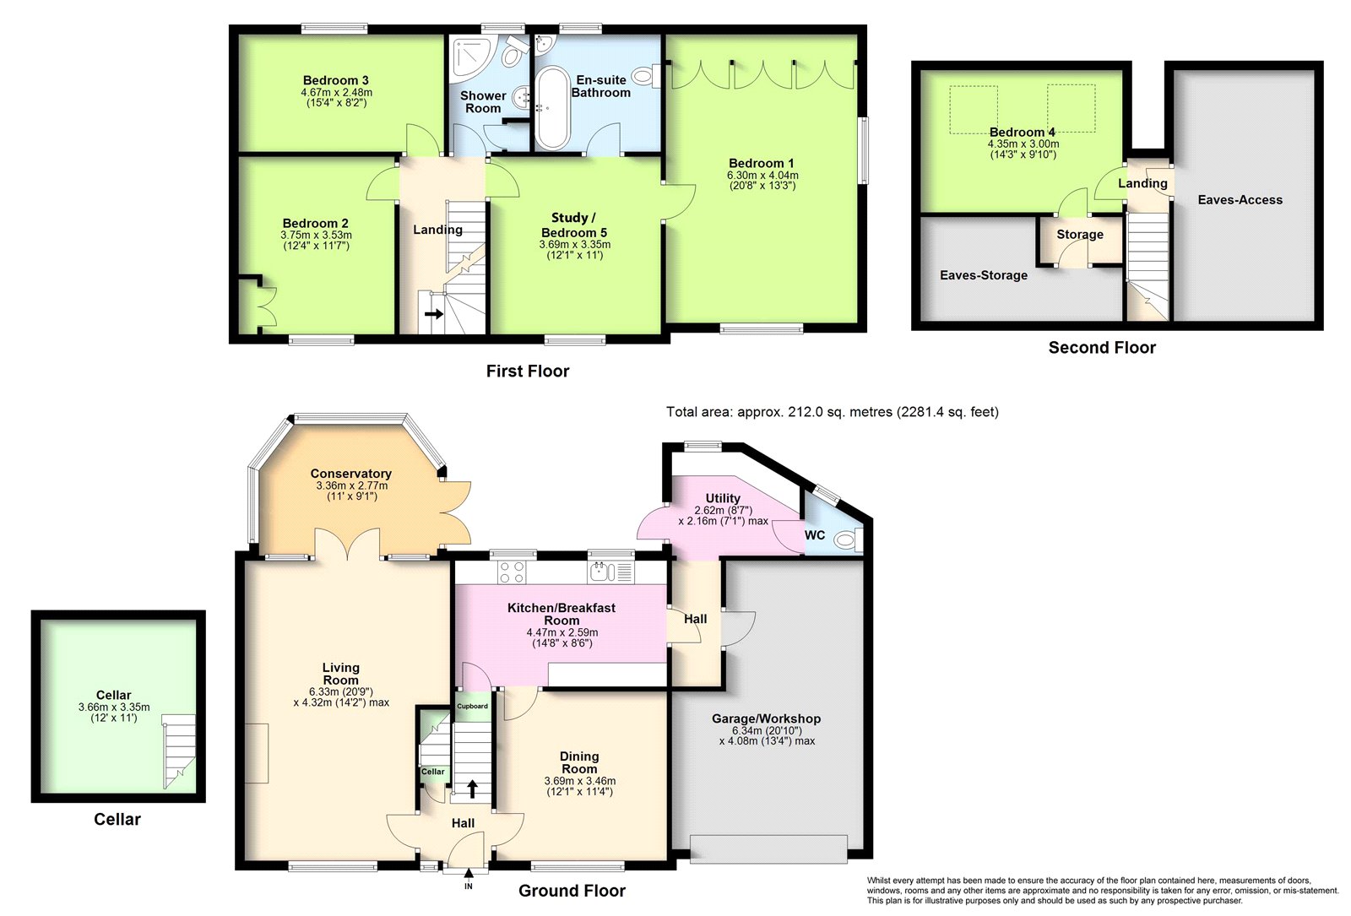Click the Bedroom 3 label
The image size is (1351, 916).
pyautogui.click(x=335, y=80)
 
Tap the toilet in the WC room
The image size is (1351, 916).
pyautogui.click(x=849, y=539)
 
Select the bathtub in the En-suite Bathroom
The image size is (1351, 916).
pyautogui.click(x=551, y=109)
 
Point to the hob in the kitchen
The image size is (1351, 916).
pyautogui.click(x=512, y=572)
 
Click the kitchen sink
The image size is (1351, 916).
pyautogui.click(x=610, y=572)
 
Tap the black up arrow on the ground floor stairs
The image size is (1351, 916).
pyautogui.click(x=472, y=789)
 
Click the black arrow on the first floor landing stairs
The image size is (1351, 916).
pyautogui.click(x=434, y=313)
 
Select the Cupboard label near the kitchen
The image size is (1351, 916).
pyautogui.click(x=472, y=706)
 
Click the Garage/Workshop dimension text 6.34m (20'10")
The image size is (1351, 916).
pyautogui.click(x=767, y=730)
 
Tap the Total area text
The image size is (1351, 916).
pyautogui.click(x=833, y=412)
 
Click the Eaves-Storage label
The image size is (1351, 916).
pyautogui.click(x=984, y=275)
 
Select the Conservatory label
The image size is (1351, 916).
pyautogui.click(x=351, y=474)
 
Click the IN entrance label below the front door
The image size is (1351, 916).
pyautogui.click(x=469, y=886)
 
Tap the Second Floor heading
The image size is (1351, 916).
pyautogui.click(x=1102, y=347)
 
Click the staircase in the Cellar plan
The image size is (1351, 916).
pyautogui.click(x=179, y=751)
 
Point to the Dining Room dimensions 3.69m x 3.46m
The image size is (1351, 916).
pyautogui.click(x=579, y=781)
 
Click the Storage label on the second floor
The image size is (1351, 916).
pyautogui.click(x=1080, y=235)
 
